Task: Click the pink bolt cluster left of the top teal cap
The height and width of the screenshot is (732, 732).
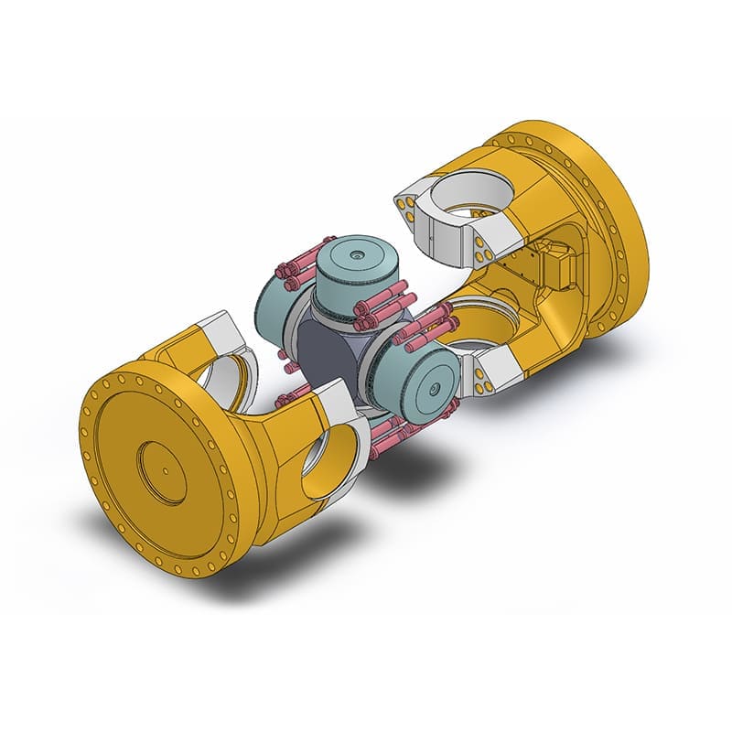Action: click(294, 269)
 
